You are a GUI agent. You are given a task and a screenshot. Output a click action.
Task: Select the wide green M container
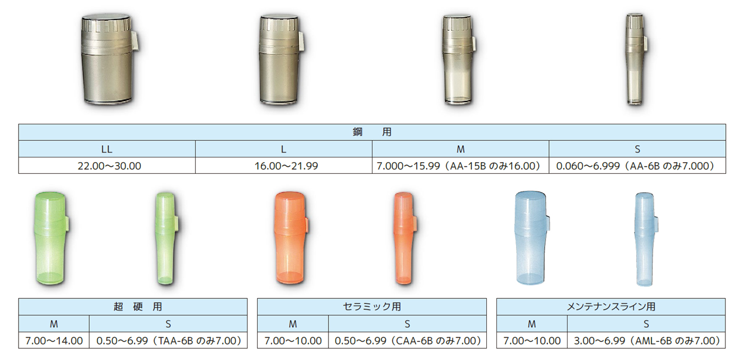tap(51, 238)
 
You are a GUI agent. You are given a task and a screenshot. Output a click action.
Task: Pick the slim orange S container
tap(405, 238)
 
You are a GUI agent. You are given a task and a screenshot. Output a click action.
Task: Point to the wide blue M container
tap(531, 238)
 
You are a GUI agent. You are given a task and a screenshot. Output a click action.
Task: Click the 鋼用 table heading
tap(372, 132)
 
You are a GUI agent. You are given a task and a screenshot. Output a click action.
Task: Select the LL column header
tap(107, 149)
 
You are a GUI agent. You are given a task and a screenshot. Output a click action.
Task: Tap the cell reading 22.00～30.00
tap(107, 165)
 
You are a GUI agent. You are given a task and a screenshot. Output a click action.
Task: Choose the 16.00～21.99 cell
tap(284, 165)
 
